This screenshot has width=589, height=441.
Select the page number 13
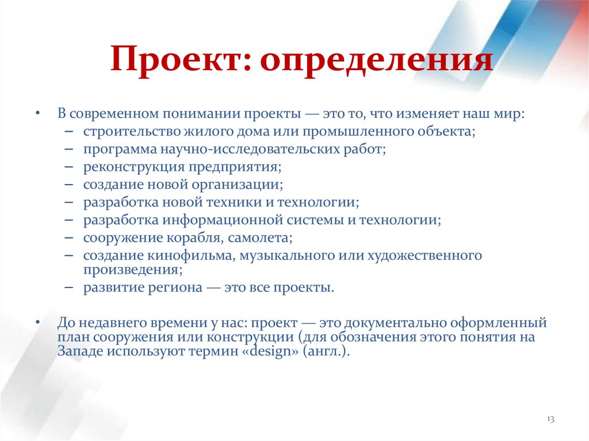pos(550,419)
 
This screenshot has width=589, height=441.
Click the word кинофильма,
pos(195,255)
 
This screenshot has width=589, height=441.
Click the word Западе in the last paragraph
pos(78,352)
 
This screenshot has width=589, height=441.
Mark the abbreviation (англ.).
pos(322,352)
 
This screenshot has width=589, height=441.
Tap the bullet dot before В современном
pos(38,114)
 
